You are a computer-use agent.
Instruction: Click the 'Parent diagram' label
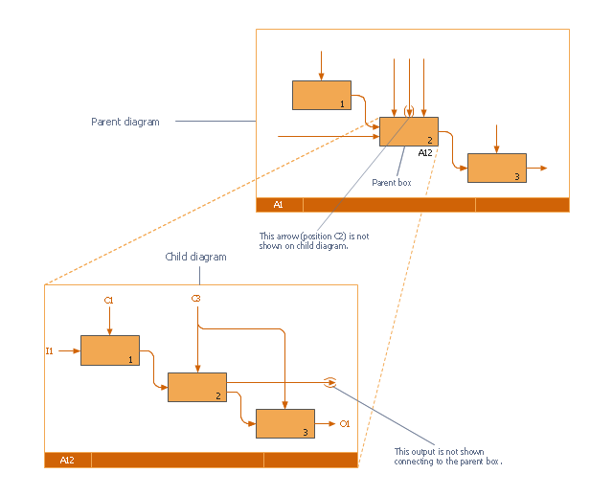pos(125,122)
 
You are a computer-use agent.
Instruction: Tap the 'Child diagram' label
pos(195,257)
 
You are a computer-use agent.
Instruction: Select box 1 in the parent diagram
pos(321,95)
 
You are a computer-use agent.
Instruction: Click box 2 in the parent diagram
pos(408,131)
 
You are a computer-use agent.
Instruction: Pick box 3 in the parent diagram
pos(496,168)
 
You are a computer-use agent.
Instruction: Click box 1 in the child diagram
pos(109,350)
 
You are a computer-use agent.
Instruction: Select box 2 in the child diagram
pos(196,387)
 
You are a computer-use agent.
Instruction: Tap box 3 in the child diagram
pos(284,423)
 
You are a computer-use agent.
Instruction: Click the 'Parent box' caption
pos(391,182)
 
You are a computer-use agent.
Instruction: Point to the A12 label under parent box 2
pos(426,151)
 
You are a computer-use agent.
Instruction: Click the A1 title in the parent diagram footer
pos(278,205)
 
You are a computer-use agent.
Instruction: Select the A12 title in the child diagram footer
pos(67,461)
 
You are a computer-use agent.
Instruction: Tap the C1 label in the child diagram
pos(109,301)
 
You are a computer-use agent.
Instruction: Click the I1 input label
pos(49,350)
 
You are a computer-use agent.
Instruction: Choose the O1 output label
pos(345,423)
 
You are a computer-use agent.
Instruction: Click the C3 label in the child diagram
pos(196,300)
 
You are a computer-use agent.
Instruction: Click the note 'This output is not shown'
pos(448,457)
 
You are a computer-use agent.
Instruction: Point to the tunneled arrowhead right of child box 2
pos(329,382)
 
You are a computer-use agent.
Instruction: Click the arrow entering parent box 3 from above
pos(496,138)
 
